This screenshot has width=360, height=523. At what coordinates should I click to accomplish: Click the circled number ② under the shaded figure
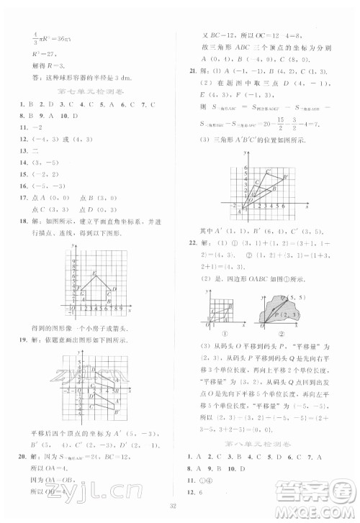click(x=276, y=333)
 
